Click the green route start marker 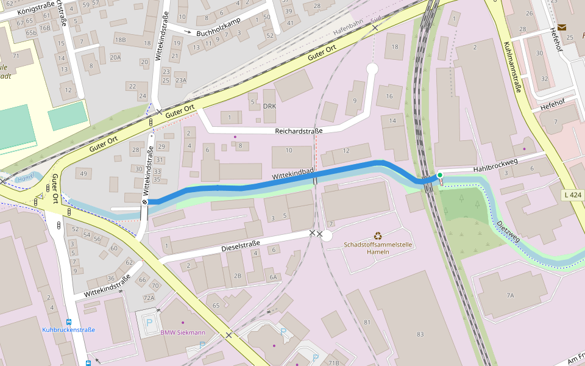coord(439,176)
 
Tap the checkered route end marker coord(145,201)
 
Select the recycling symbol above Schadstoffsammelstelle coord(378,235)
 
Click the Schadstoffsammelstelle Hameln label coord(378,248)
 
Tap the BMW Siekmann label coord(183,332)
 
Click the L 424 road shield coord(573,195)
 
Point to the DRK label coord(269,106)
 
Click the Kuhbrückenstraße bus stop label coord(68,330)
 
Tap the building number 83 coord(420,334)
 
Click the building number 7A coord(510,295)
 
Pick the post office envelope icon coord(561,27)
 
